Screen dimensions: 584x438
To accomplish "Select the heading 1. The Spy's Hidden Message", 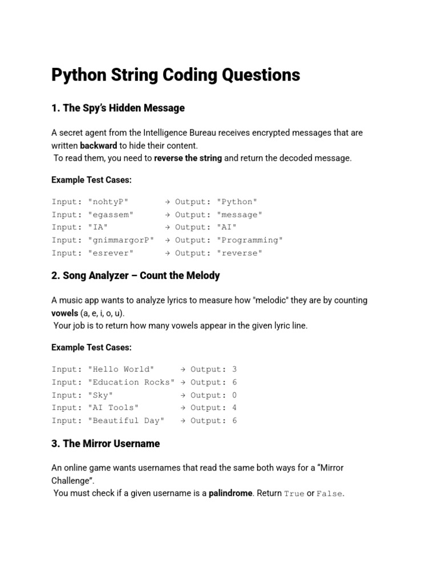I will pyautogui.click(x=118, y=108).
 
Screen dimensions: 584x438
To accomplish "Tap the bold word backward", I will pyautogui.click(x=98, y=145).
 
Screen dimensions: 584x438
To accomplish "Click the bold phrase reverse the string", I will pyautogui.click(x=188, y=158).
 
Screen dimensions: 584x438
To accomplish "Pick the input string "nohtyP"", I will pyautogui.click(x=108, y=202).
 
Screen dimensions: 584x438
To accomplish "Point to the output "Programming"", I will pyautogui.click(x=250, y=240).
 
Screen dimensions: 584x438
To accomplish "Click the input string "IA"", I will pyautogui.click(x=98, y=228).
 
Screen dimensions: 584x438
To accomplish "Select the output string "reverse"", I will pyautogui.click(x=240, y=253).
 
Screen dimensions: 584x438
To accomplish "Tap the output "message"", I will pyautogui.click(x=240, y=215).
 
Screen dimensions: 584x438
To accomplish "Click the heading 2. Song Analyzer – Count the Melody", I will pyautogui.click(x=135, y=275).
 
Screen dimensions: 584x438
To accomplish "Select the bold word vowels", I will pyautogui.click(x=64, y=313).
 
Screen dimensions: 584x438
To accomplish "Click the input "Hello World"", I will pyautogui.click(x=121, y=370).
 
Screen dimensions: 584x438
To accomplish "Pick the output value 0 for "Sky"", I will pyautogui.click(x=234, y=395).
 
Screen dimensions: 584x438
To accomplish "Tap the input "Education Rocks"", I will pyautogui.click(x=131, y=382).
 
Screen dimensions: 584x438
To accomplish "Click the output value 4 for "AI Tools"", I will pyautogui.click(x=234, y=408).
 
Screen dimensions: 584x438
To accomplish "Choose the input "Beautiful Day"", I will pyautogui.click(x=126, y=421).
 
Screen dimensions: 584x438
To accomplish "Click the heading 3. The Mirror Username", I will pyautogui.click(x=106, y=443).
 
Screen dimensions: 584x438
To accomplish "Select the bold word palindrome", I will pyautogui.click(x=230, y=493).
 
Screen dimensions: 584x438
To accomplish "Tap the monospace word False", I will pyautogui.click(x=330, y=494).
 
